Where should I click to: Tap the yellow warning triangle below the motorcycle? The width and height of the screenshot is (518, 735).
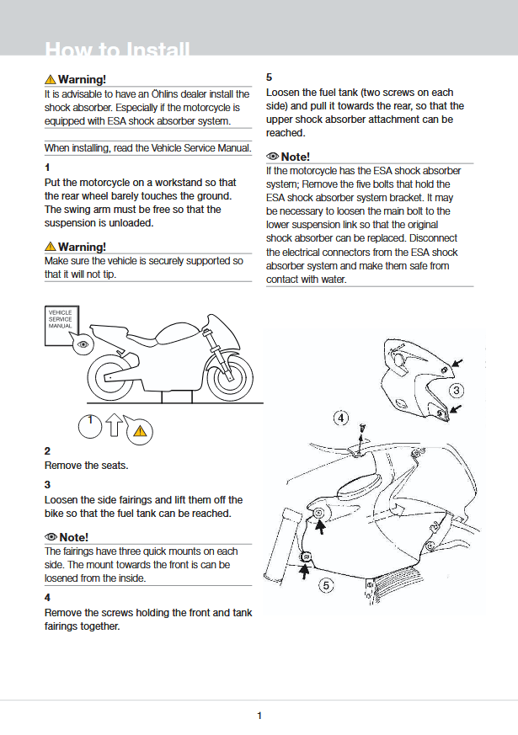[x=140, y=432]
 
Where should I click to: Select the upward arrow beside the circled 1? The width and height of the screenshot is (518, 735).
[x=115, y=427]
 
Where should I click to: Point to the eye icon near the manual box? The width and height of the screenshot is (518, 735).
[x=83, y=345]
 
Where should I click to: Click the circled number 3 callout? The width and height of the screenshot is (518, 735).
[x=456, y=391]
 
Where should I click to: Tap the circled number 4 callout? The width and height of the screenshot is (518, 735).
[x=341, y=418]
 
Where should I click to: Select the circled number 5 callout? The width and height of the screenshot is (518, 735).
[x=328, y=585]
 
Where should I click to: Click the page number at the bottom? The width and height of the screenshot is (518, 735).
[x=259, y=716]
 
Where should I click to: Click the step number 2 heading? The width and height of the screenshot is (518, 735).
[x=47, y=451]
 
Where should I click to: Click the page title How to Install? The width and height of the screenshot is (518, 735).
[x=117, y=51]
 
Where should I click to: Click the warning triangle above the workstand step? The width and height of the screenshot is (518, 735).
[x=51, y=247]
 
